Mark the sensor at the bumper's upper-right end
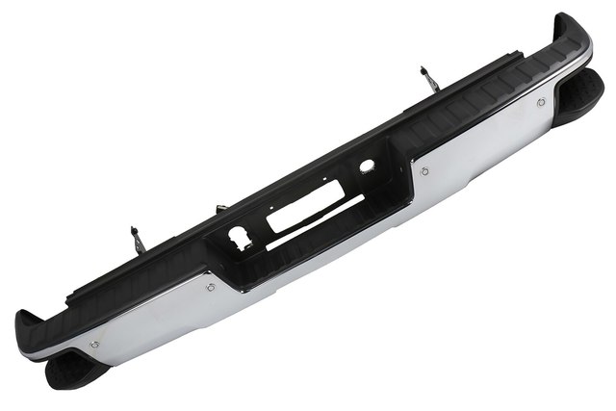click(x=541, y=101)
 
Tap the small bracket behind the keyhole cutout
click(x=220, y=209)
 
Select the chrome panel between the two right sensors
click(x=481, y=144)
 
